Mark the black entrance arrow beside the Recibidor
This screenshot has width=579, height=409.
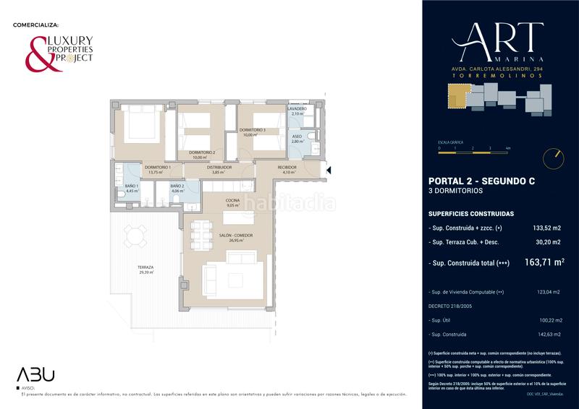coord(329,171)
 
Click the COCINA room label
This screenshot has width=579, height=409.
coord(232,201)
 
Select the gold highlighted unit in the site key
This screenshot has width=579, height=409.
coord(457,96)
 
